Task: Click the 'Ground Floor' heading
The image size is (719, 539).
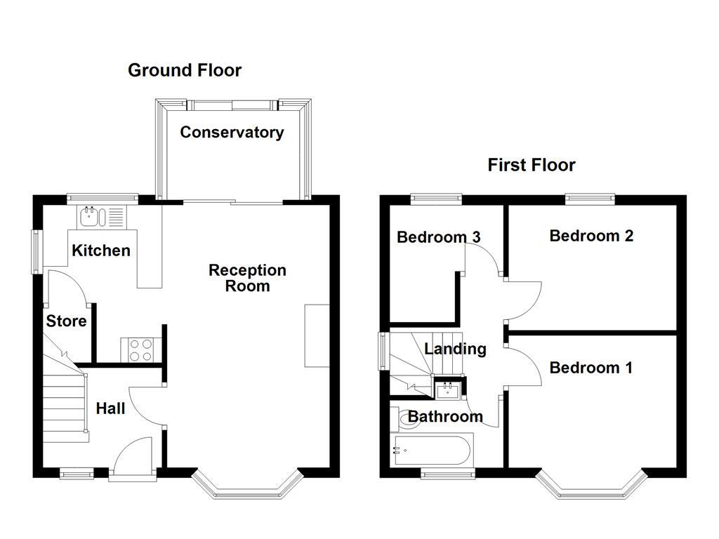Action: [185, 70]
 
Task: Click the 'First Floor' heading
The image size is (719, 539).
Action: [532, 165]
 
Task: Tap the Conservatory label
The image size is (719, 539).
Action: [232, 132]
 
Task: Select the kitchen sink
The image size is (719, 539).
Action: [92, 217]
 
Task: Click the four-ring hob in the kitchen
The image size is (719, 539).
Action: [141, 350]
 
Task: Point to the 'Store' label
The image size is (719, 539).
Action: [67, 321]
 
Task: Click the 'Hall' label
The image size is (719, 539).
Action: [110, 408]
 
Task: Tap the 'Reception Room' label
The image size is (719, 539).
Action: [247, 278]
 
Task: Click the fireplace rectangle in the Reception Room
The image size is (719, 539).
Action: [317, 335]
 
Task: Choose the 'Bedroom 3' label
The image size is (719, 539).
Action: [438, 237]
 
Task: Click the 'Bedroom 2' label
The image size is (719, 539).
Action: [591, 236]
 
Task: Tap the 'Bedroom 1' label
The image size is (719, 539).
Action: [591, 368]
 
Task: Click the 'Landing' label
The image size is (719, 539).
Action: [455, 349]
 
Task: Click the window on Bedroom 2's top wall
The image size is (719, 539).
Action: [590, 199]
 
